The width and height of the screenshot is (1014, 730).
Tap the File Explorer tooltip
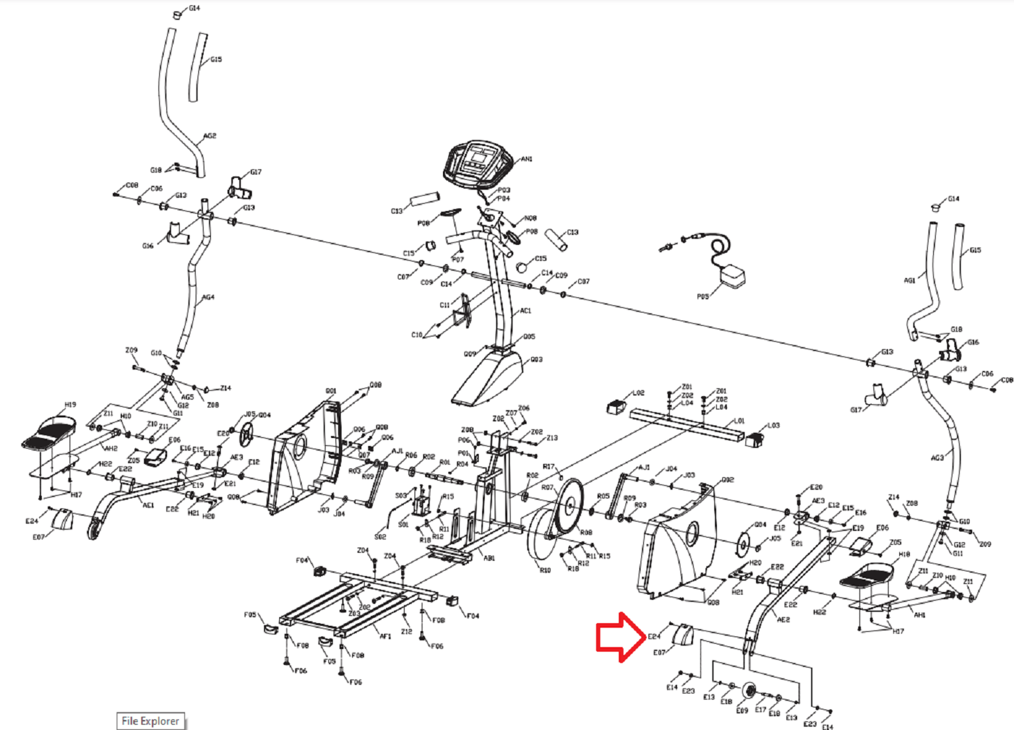tap(151, 721)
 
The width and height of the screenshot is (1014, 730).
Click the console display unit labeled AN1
tap(477, 163)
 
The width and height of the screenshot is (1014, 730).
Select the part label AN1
tap(527, 159)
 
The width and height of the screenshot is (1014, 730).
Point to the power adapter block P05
tap(733, 275)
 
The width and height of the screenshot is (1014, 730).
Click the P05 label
tap(703, 297)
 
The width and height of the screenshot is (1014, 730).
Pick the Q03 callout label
tap(536, 360)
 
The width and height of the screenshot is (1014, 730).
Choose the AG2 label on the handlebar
tap(210, 136)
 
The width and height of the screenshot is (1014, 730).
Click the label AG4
tap(208, 297)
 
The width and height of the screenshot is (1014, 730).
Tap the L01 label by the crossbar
tap(739, 421)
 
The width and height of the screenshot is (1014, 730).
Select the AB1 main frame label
tap(489, 558)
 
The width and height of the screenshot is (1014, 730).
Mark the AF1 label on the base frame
tap(385, 636)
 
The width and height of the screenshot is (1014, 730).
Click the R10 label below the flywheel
tap(544, 570)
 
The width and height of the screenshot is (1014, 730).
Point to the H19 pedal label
tap(70, 404)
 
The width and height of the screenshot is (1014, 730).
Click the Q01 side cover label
tap(331, 391)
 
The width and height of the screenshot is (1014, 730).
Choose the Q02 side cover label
tap(728, 479)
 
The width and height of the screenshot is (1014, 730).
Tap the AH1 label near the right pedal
tap(919, 615)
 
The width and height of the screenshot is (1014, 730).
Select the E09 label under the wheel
tap(742, 711)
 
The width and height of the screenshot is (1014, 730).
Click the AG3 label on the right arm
tap(936, 458)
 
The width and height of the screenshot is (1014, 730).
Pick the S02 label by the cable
tap(380, 536)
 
